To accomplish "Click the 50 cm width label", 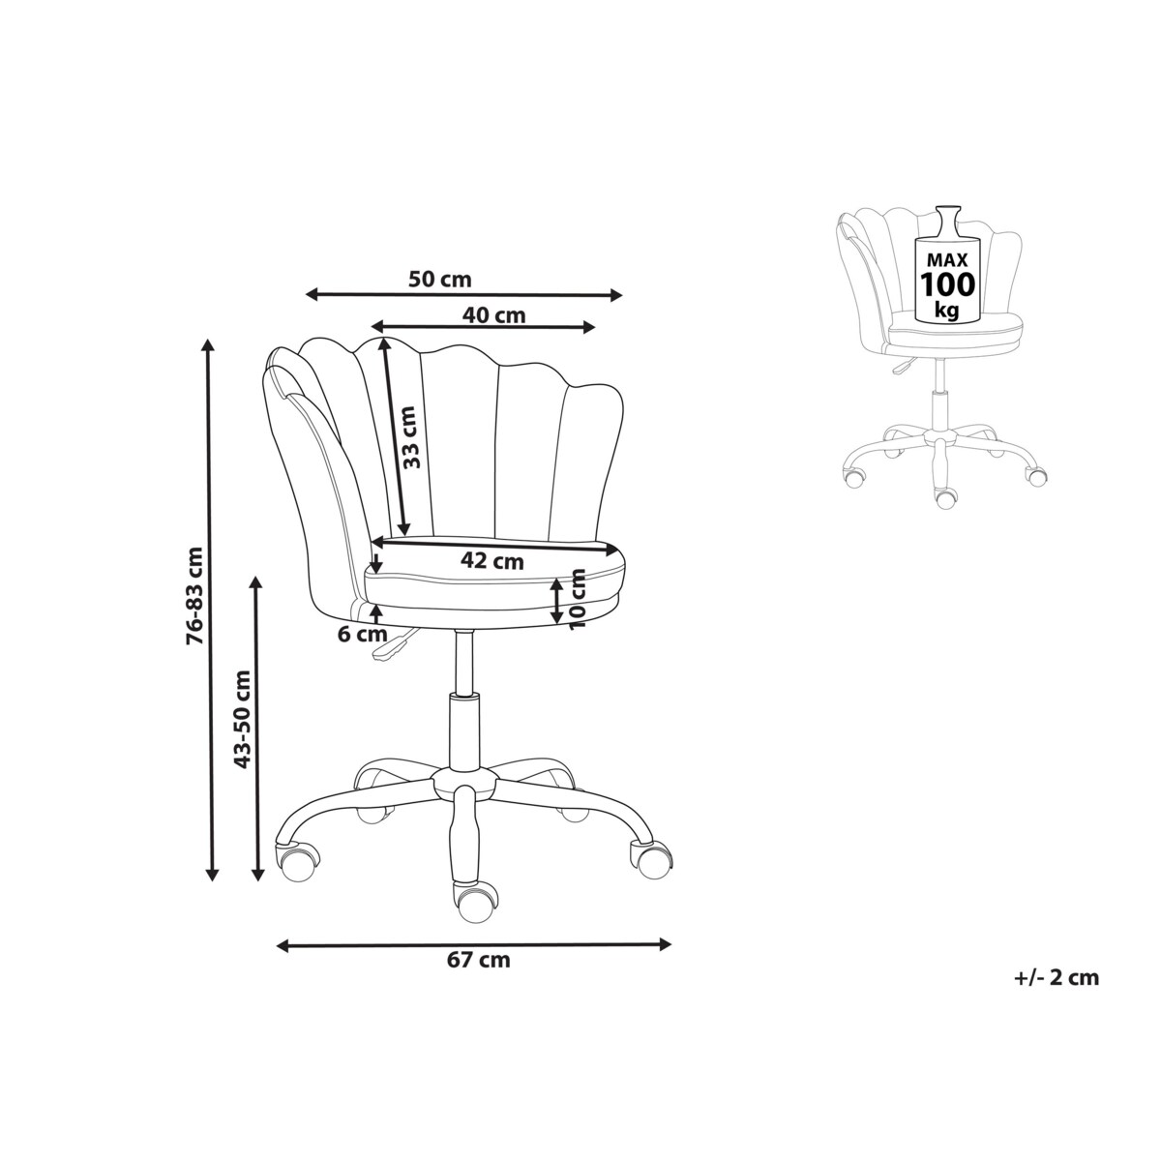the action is click(439, 280).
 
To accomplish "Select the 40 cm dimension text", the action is click(493, 315).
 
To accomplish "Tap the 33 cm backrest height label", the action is click(409, 436).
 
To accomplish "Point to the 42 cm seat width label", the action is click(492, 561).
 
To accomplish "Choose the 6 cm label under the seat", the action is click(362, 634).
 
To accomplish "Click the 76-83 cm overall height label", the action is click(194, 596).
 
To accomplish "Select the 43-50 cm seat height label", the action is click(242, 719).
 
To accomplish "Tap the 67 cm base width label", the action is click(478, 960).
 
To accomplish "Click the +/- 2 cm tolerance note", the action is click(1057, 977).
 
